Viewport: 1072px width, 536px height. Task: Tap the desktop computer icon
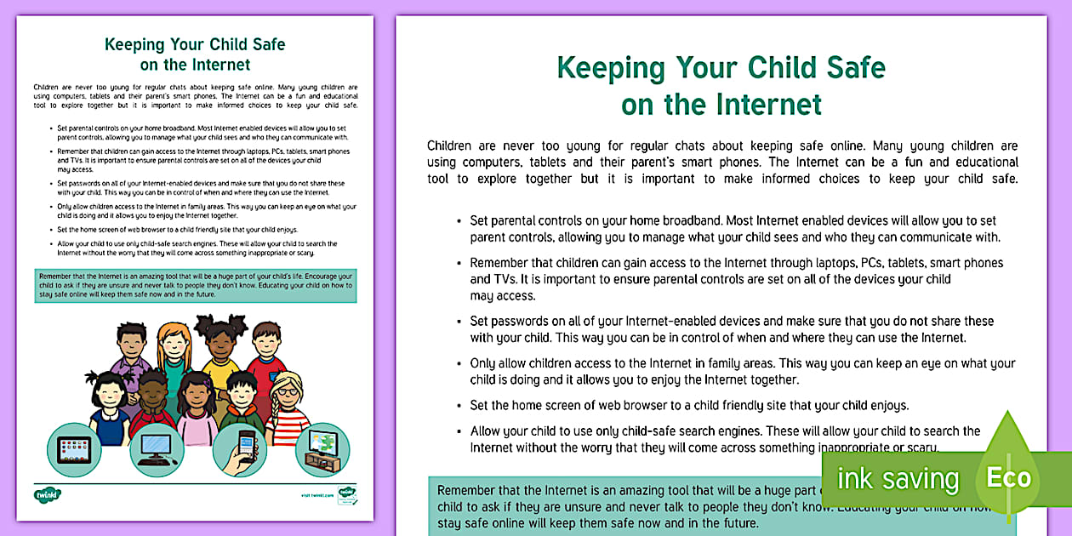(157, 449)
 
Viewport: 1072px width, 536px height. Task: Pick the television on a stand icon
(322, 449)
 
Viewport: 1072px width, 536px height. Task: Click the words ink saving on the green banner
(898, 478)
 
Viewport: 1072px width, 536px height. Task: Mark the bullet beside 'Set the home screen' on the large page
(459, 406)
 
